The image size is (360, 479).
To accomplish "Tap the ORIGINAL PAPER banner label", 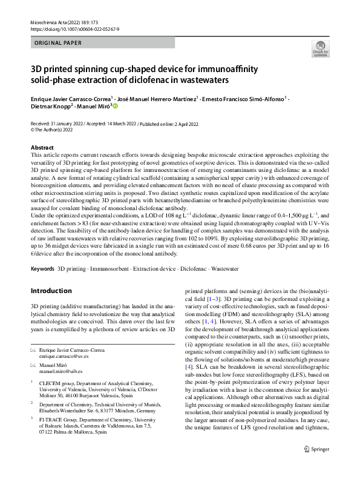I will [55, 43].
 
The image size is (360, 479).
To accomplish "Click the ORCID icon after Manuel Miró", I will [115, 105].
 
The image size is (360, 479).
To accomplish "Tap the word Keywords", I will [42, 266].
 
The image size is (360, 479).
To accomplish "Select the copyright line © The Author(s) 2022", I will [56, 129].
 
